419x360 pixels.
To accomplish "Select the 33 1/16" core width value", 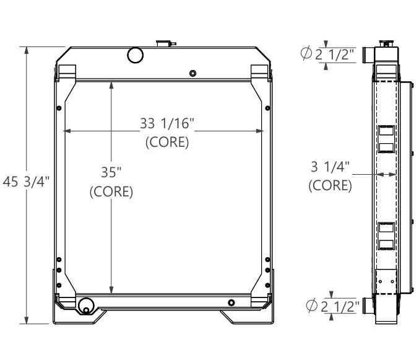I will (x=166, y=123).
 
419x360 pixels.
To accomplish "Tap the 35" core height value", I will (x=111, y=172).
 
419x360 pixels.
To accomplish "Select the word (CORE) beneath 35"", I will (x=111, y=191).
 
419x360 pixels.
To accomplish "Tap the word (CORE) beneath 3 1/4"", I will (x=330, y=185).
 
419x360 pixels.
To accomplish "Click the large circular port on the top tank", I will (x=135, y=55).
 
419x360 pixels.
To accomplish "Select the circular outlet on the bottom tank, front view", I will (x=85, y=305).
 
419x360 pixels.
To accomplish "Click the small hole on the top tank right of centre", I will (x=193, y=74).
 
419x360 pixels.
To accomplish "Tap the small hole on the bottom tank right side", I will (x=231, y=302).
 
